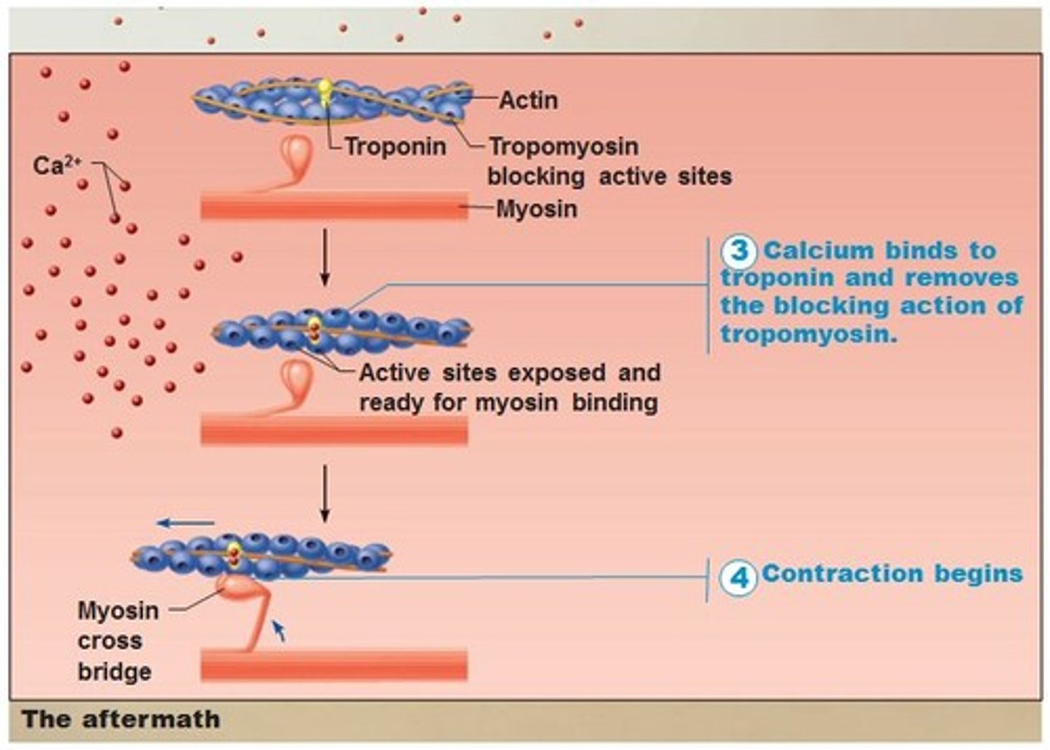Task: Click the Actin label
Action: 528,100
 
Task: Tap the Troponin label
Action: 395,146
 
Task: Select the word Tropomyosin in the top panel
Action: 563,146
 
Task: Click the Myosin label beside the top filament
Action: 537,209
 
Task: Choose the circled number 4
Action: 739,577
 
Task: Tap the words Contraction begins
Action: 892,573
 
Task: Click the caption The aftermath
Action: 120,719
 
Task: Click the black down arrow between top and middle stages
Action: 325,257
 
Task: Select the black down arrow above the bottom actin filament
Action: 325,494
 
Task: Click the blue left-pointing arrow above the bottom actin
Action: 186,522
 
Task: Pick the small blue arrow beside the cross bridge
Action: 279,630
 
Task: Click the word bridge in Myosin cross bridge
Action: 114,672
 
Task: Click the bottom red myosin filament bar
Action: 334,665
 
